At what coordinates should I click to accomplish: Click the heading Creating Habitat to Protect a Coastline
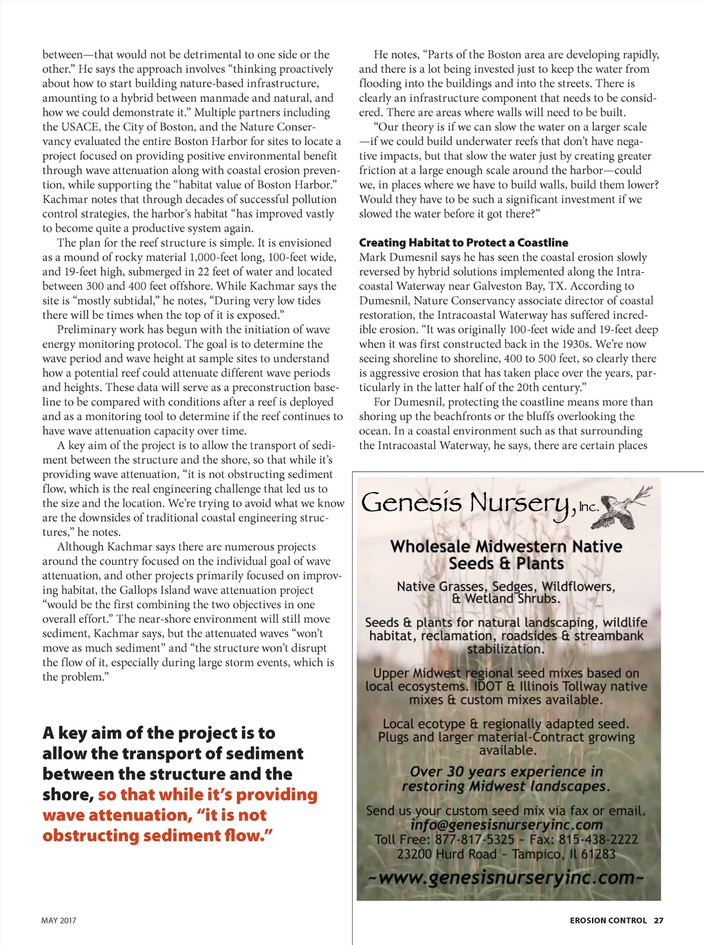point(463,243)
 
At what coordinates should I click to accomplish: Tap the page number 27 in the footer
point(659,920)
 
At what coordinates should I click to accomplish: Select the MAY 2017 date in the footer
point(59,920)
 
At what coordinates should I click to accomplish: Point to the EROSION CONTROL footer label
point(608,920)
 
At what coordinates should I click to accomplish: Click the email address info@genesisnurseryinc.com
point(507,825)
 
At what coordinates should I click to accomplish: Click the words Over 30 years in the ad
point(454,772)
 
